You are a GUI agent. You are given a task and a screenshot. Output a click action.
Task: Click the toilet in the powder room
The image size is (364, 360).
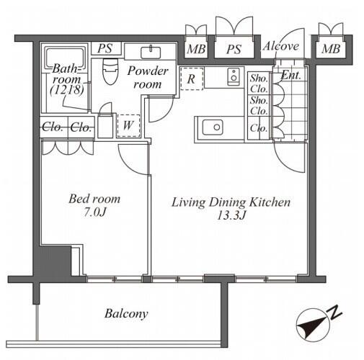[x=110, y=71]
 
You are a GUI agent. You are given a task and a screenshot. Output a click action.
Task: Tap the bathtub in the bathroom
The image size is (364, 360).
[x=65, y=58]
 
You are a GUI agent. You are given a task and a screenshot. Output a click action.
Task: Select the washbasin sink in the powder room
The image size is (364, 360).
[x=151, y=52]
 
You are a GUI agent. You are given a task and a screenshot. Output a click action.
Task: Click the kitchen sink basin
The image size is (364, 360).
[x=213, y=127]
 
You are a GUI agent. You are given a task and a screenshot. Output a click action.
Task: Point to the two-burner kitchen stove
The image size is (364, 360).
[x=234, y=76]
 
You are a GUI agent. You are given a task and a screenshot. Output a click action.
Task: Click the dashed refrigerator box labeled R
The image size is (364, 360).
[x=192, y=78]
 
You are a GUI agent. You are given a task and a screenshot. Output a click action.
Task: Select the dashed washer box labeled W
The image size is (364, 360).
[x=128, y=125]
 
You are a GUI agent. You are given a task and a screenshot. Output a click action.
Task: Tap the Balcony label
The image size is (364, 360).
[x=126, y=314]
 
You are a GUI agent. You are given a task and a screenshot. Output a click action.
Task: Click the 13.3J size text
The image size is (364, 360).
[x=231, y=215]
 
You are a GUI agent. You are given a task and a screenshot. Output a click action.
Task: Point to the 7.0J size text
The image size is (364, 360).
[x=95, y=212]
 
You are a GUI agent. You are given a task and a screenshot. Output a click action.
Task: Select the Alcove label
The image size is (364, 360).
[x=280, y=46]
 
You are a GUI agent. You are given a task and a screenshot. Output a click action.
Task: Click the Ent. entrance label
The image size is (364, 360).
[x=290, y=75]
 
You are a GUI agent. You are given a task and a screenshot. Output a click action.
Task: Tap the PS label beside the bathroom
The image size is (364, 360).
[x=105, y=48]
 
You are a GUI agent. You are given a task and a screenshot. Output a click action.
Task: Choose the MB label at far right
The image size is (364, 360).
[x=331, y=49]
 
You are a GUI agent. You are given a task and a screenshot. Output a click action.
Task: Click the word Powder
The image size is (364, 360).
[x=148, y=71]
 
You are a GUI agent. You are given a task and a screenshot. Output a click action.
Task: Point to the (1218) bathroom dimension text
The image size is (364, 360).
[x=67, y=90]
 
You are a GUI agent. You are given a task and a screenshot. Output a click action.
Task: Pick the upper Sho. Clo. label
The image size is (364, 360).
[x=259, y=84]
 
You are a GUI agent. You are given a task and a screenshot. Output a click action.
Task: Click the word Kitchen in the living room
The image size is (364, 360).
[x=270, y=202]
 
